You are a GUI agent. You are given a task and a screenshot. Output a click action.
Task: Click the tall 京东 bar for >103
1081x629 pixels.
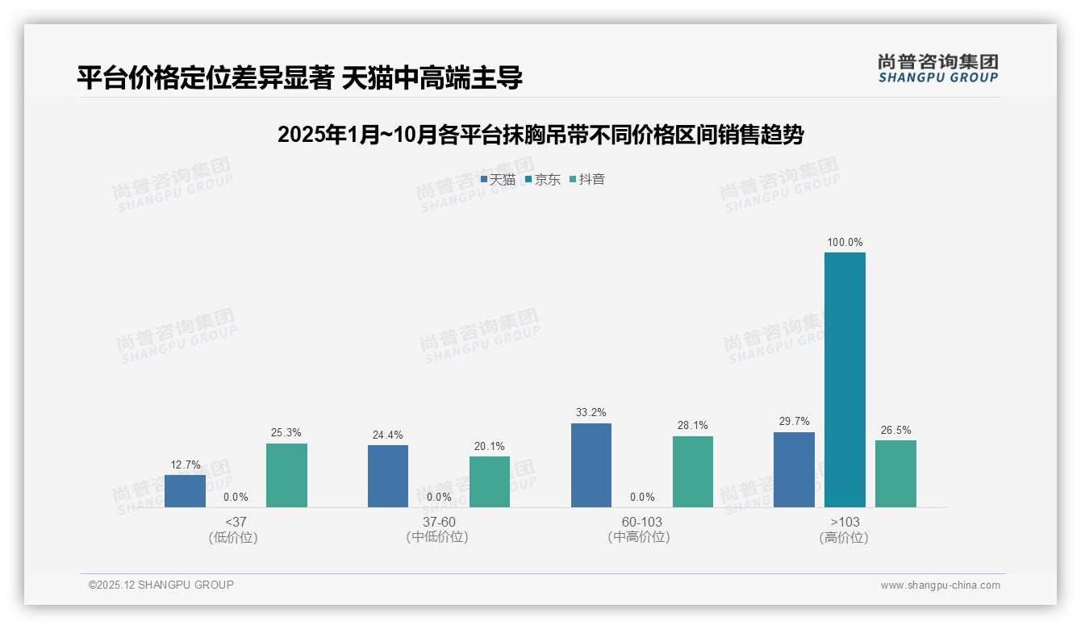click(845, 379)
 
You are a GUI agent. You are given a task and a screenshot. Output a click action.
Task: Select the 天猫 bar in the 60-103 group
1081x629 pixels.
click(591, 465)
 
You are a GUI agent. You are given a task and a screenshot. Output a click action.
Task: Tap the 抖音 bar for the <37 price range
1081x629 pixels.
click(286, 475)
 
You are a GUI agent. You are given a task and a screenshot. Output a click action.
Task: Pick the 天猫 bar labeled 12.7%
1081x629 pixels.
click(185, 490)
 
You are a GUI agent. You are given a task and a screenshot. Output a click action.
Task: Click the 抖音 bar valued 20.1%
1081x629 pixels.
click(490, 481)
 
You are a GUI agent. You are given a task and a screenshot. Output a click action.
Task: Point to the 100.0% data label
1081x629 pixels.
click(845, 242)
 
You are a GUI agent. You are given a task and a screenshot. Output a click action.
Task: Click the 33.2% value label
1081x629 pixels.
click(591, 412)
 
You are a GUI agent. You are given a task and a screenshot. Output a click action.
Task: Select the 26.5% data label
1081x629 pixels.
click(895, 430)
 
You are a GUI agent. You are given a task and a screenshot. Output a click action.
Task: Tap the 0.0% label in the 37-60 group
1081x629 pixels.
click(439, 497)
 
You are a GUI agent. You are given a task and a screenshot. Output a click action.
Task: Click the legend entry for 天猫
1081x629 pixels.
click(498, 179)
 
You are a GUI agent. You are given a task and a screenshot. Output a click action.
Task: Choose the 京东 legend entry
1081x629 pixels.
click(543, 179)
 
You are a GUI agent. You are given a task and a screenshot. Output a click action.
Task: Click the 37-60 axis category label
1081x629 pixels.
click(439, 522)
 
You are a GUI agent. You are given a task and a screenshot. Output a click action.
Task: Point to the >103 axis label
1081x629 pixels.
click(845, 522)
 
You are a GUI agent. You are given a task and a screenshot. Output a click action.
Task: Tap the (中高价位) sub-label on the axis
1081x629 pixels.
click(639, 537)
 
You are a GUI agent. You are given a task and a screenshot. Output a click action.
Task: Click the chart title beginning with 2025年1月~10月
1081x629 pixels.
click(540, 135)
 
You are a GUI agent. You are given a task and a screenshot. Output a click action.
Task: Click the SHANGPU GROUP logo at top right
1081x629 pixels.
click(937, 69)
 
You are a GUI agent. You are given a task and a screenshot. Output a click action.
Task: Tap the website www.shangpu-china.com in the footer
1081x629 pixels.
click(940, 585)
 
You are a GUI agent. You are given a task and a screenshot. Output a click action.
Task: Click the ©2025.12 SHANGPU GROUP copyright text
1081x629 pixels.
click(161, 585)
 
